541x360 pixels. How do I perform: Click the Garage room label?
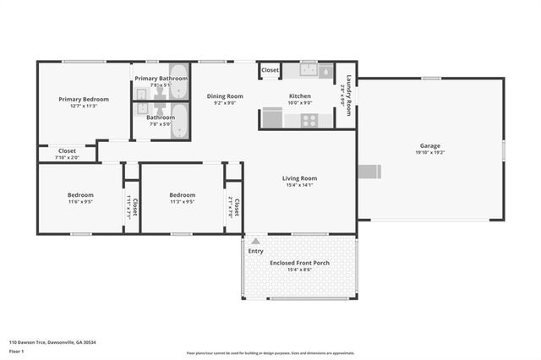[430, 145]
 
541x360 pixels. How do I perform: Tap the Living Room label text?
[299, 178]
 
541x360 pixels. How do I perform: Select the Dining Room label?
[225, 96]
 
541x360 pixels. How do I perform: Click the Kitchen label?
[300, 96]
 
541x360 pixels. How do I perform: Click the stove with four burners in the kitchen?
[309, 119]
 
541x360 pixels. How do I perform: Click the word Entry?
[255, 251]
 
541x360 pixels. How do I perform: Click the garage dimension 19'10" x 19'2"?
[430, 153]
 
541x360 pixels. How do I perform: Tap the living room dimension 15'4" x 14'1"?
[299, 185]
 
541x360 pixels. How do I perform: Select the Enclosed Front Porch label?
[299, 263]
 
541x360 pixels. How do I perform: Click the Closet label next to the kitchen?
[270, 70]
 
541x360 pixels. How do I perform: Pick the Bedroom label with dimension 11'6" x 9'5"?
[80, 195]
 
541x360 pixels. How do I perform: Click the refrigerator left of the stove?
[272, 117]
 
